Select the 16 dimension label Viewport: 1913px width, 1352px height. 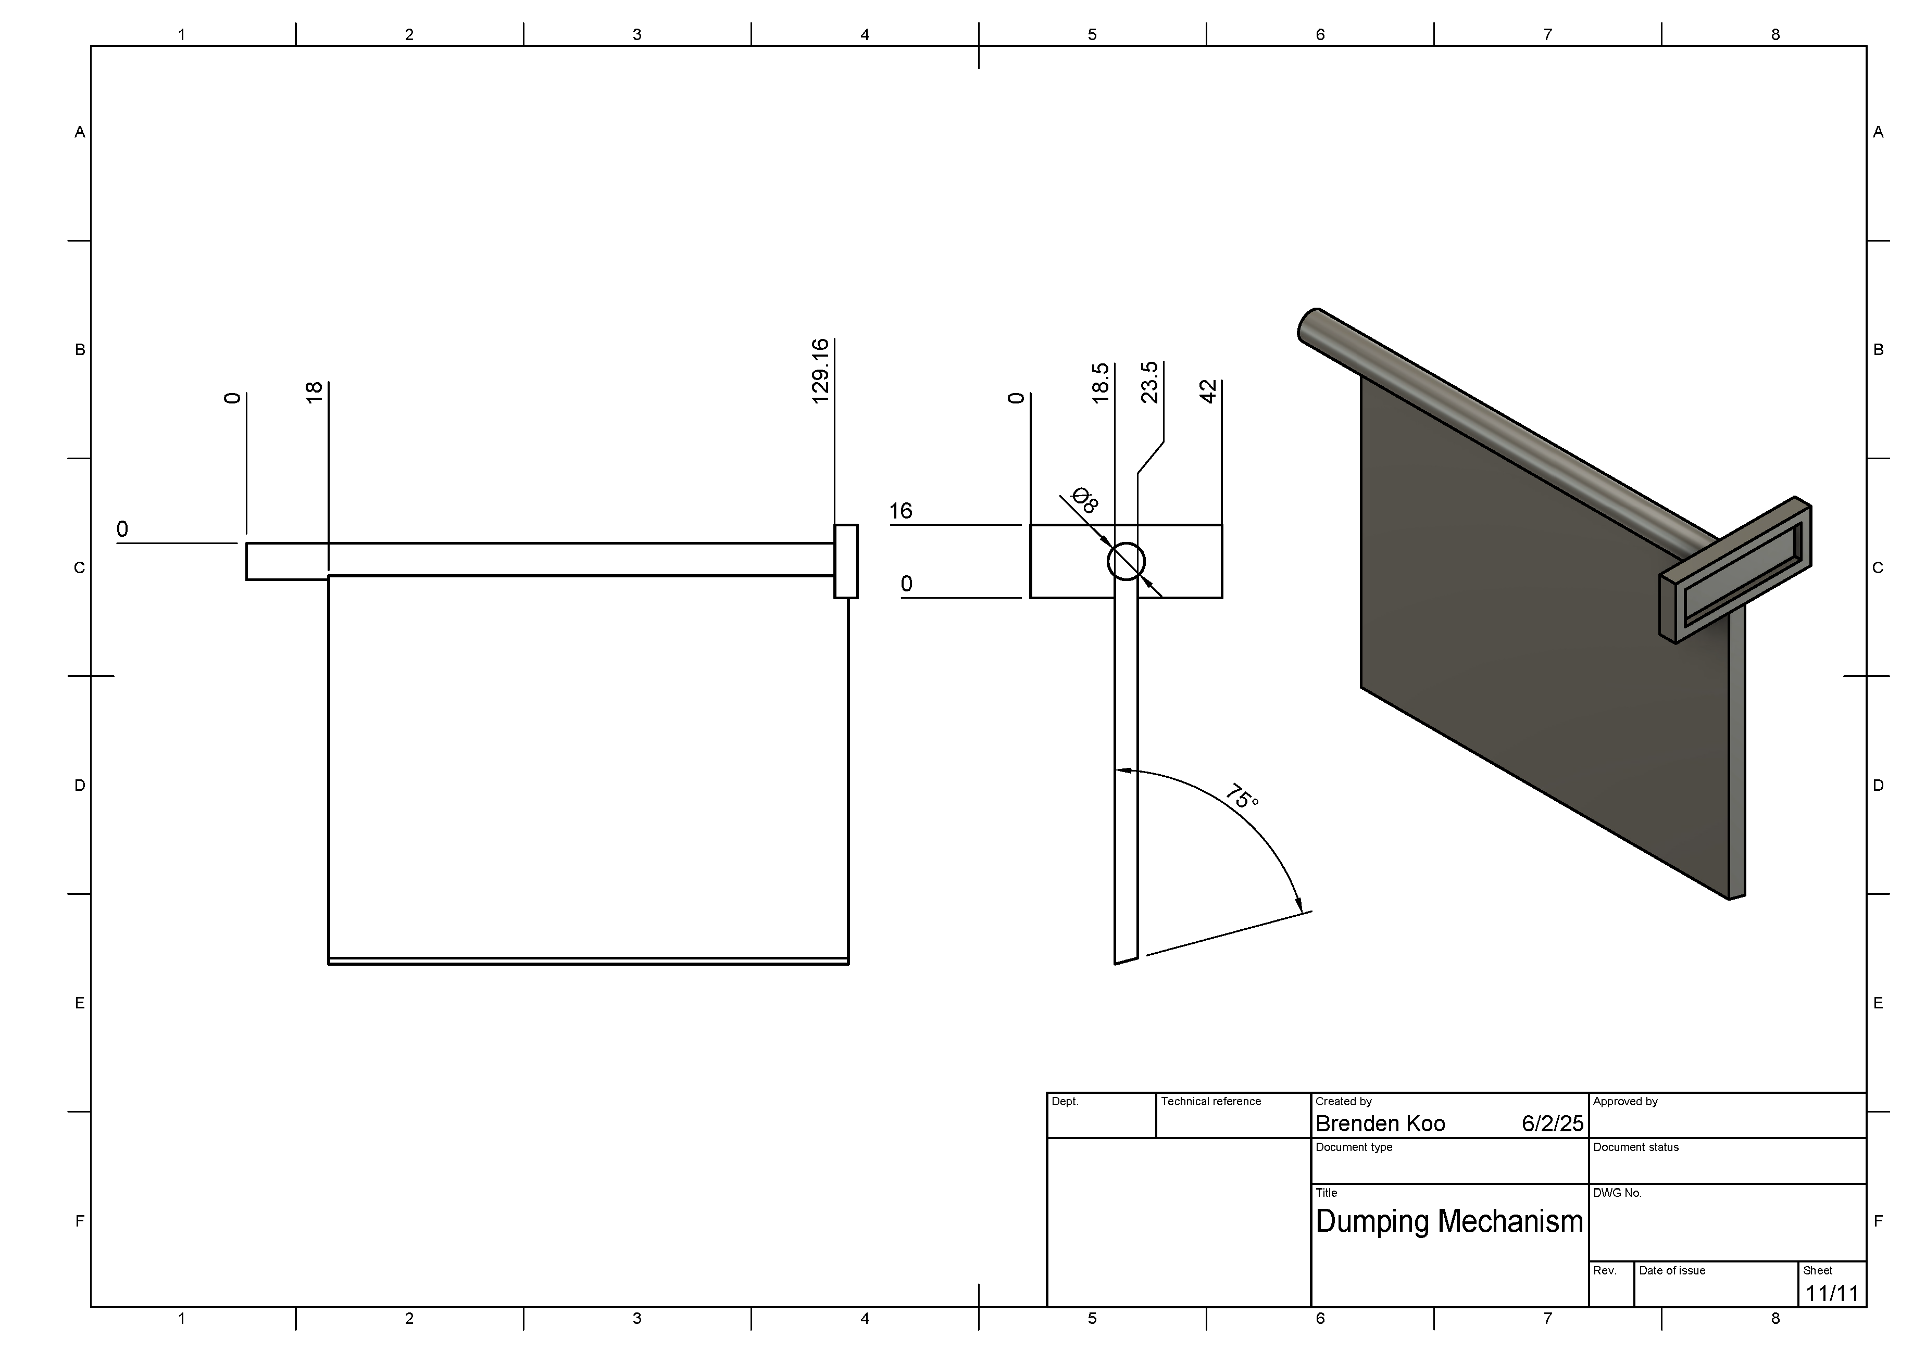900,511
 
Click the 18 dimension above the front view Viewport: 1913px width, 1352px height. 314,393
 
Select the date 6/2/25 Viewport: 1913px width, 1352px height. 1552,1124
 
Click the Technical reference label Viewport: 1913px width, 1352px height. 1210,1101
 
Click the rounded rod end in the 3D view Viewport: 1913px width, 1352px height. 1308,325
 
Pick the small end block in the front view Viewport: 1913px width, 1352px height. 846,561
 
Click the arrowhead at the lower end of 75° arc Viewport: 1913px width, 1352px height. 1299,905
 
